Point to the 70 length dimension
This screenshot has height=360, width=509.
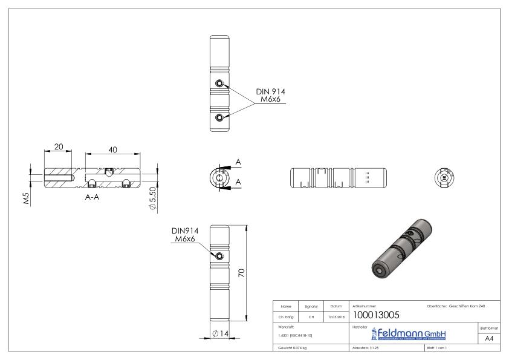click(x=241, y=273)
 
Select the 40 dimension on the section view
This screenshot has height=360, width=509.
click(x=113, y=149)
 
